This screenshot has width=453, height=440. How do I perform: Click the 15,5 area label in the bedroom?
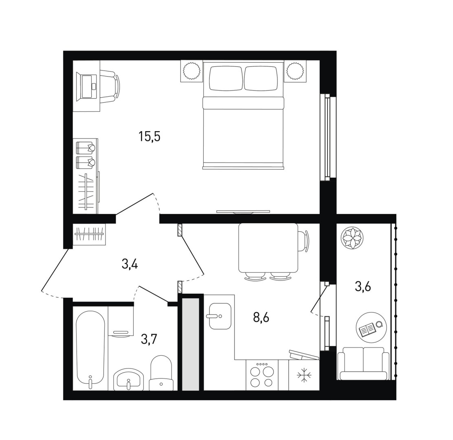tap(150, 136)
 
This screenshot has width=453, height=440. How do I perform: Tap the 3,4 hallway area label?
tap(130, 264)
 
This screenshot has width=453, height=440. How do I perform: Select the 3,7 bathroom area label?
tap(149, 339)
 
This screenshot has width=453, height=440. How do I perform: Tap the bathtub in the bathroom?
tap(90, 349)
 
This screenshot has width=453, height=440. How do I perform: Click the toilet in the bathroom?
tap(161, 373)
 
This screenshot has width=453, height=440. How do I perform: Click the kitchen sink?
tap(220, 316)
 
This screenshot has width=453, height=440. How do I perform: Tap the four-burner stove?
tap(262, 375)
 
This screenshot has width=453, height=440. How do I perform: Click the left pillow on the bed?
tap(225, 78)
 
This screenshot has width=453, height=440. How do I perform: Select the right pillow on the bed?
tap(261, 78)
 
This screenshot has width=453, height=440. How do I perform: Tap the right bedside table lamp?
tap(295, 70)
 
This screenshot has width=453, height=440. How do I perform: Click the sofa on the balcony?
tap(363, 363)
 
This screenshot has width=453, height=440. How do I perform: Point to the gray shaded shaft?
tap(191, 344)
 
